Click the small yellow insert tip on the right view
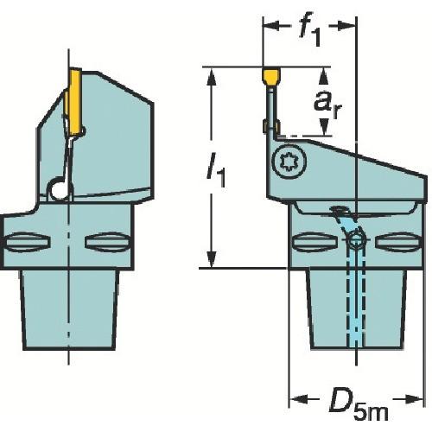[x=270, y=78]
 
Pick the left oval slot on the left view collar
[x=22, y=243]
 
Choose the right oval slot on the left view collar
[x=107, y=243]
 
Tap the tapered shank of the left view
[x=67, y=311]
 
